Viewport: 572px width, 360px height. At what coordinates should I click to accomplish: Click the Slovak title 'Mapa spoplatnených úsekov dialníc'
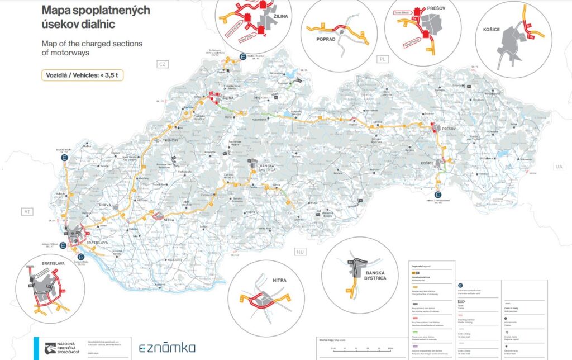pyautogui.click(x=93, y=17)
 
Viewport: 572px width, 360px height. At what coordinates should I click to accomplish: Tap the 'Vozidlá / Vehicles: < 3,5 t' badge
pyautogui.click(x=83, y=75)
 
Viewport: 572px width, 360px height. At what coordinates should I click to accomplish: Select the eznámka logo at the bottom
pyautogui.click(x=167, y=348)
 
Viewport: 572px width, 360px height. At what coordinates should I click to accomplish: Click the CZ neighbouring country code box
pyautogui.click(x=163, y=64)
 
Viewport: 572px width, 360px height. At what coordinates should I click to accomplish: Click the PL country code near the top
pyautogui.click(x=383, y=59)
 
